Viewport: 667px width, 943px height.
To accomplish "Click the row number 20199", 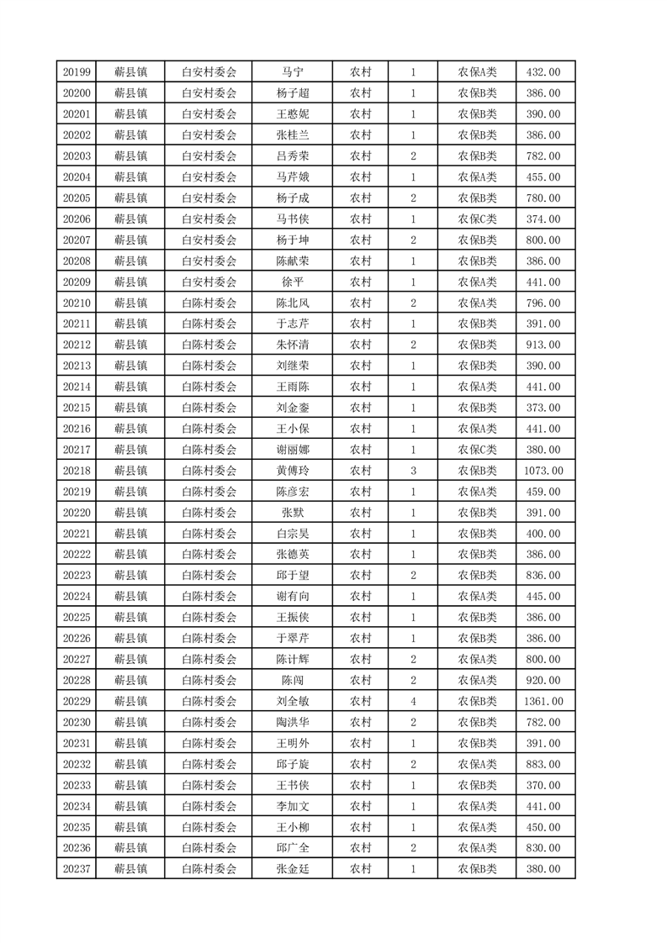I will coord(77,72).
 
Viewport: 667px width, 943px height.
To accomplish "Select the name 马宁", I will coord(293,72).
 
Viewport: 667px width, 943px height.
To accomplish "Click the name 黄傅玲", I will coord(293,471).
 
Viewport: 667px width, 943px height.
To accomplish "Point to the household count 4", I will coord(413,701).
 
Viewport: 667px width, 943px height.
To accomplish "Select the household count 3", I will coord(413,471).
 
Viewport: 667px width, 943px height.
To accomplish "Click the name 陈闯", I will coord(293,680).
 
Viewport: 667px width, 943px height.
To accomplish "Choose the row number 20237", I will coord(77,869).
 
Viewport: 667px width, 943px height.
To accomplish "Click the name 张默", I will coord(293,513).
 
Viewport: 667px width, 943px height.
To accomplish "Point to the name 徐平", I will coord(293,282).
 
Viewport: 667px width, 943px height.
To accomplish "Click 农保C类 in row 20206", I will coord(477,219).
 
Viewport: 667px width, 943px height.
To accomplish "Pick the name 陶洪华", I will coord(293,722).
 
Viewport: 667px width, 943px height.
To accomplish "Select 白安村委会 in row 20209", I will coord(209,282).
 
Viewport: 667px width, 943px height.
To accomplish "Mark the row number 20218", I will coord(77,471).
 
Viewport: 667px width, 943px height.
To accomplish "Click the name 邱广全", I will coord(293,848).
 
